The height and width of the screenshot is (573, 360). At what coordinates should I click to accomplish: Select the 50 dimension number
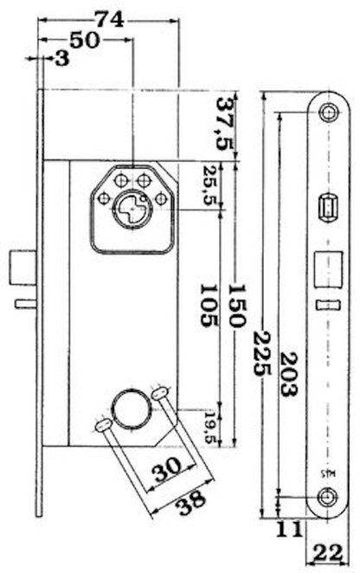[85, 40]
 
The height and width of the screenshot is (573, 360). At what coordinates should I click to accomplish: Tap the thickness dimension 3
[62, 58]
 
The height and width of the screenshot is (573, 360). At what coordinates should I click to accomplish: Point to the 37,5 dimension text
[225, 124]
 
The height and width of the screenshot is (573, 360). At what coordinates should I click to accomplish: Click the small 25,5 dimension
[211, 185]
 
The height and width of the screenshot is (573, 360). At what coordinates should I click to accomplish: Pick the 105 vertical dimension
[211, 306]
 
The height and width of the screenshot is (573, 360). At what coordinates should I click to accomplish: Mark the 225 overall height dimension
[263, 353]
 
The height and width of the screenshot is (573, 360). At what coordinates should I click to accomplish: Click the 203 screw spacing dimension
[288, 374]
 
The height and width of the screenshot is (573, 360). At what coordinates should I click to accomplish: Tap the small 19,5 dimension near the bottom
[210, 428]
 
